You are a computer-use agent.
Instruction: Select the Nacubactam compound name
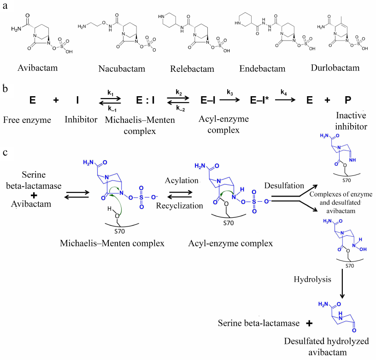point(122,69)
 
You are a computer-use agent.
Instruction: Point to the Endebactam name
point(262,69)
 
